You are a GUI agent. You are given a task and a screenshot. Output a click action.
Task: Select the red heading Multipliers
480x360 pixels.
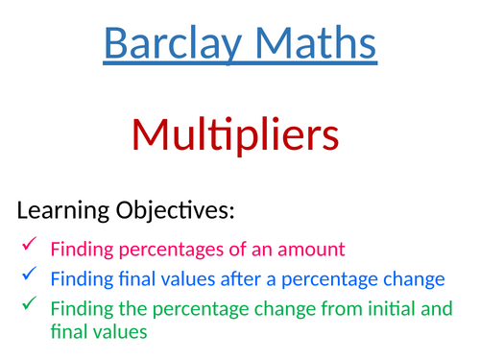[239, 135]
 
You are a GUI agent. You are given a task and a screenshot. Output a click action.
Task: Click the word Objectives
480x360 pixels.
[180, 210]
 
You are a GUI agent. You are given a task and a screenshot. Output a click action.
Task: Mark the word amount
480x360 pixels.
[308, 251]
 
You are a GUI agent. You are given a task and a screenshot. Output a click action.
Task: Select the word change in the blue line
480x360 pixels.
[416, 280]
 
